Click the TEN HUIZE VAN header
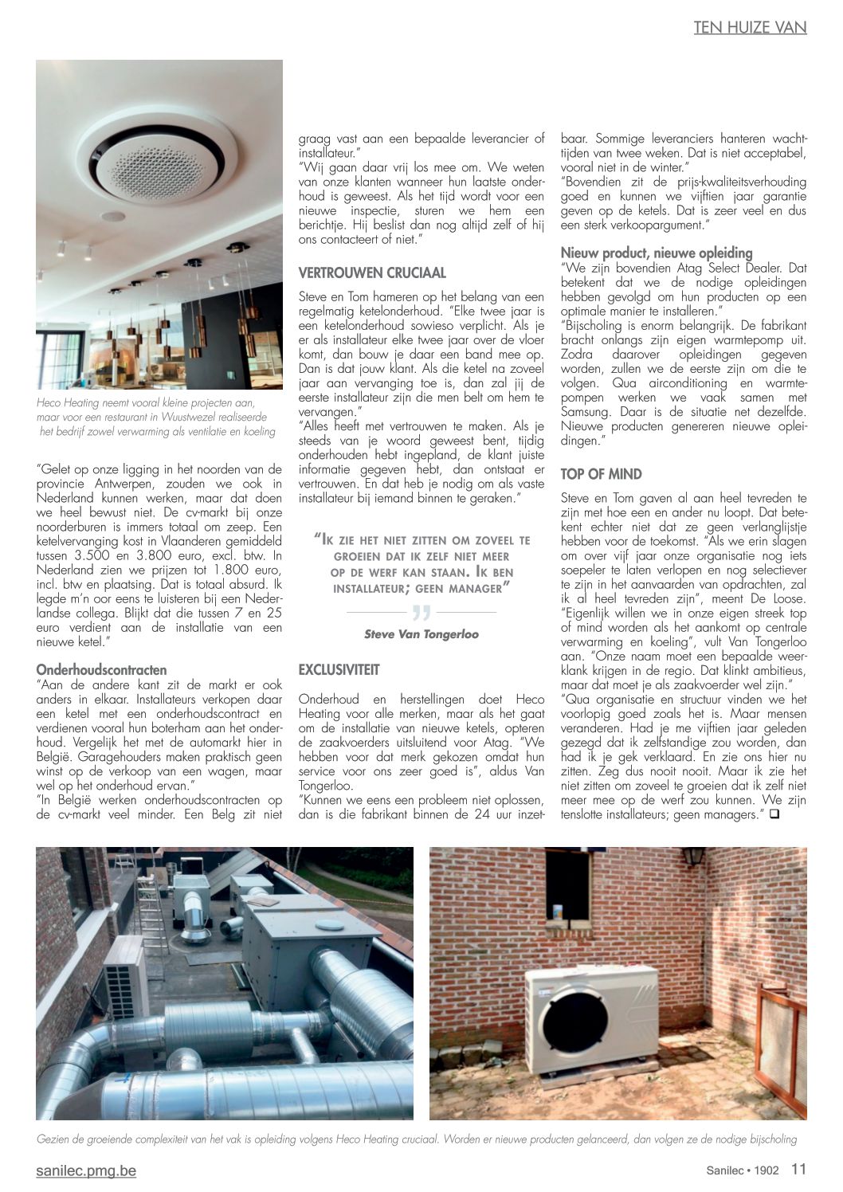tap(750, 27)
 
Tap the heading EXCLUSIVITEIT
tap(339, 670)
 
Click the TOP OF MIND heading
tap(601, 474)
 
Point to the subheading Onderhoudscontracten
tap(101, 670)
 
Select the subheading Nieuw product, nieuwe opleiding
tap(656, 253)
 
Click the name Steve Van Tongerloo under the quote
tap(421, 634)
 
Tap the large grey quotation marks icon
tap(421, 614)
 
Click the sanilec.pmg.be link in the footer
tap(86, 1170)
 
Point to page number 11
tap(798, 1169)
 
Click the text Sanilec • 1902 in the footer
tap(742, 1170)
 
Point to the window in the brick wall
tap(568, 885)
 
